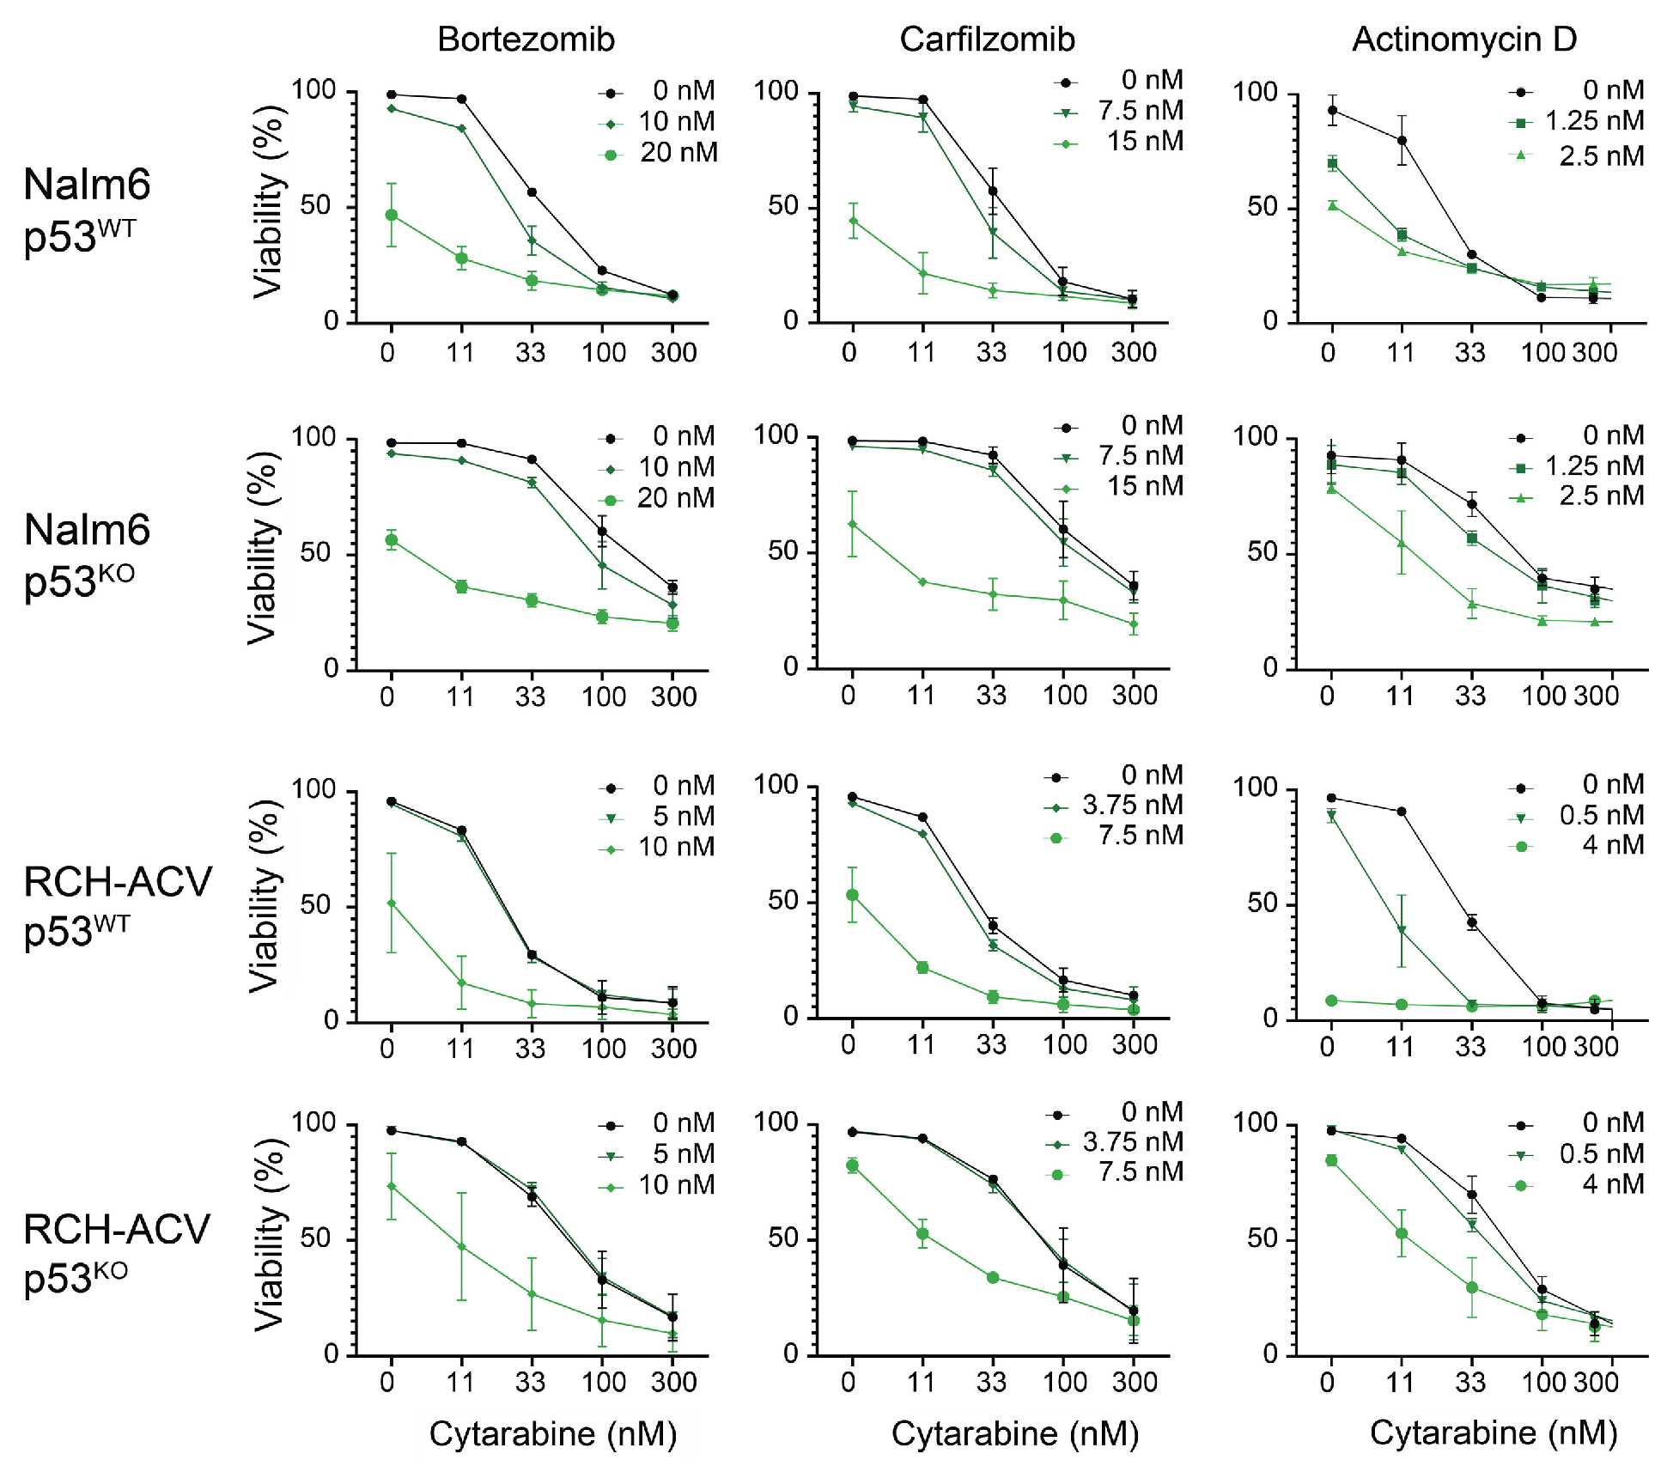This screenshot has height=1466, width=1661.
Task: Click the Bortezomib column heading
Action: tap(526, 40)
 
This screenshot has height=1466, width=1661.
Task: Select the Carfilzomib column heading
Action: tap(987, 40)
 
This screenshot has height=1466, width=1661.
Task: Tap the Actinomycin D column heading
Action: tap(1464, 40)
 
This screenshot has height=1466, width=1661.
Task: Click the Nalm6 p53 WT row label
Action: tap(87, 210)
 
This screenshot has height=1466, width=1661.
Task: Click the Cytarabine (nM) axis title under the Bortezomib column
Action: tap(552, 1433)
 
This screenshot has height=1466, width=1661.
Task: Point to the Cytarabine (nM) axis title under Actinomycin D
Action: tap(1493, 1433)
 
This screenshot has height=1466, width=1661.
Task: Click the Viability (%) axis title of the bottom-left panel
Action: tap(270, 1235)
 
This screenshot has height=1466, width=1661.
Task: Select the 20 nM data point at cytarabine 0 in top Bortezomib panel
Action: tap(392, 215)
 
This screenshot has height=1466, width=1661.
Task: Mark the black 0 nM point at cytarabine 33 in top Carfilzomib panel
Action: tap(993, 192)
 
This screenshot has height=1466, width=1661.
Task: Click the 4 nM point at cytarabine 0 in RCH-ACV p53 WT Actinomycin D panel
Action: tap(1331, 1001)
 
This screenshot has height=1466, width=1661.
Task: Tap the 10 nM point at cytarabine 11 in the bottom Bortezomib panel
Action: tap(462, 1246)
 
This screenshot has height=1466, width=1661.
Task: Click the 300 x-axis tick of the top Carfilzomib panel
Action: tap(1134, 352)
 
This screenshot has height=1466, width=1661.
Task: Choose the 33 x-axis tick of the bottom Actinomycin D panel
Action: tap(1470, 1382)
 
